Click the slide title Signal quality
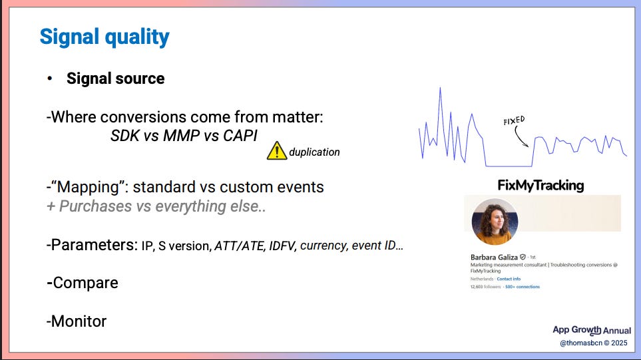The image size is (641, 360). click(x=105, y=37)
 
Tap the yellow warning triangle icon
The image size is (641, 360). click(x=277, y=151)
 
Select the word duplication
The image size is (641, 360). click(x=314, y=152)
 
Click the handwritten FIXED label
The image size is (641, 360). click(x=514, y=120)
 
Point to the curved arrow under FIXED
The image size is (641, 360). click(x=519, y=137)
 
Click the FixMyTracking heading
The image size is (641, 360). click(x=540, y=185)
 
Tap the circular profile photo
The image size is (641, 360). click(x=495, y=222)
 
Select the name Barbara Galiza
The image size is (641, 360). click(x=494, y=257)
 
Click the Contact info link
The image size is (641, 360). click(x=509, y=279)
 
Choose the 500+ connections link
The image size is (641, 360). click(x=523, y=287)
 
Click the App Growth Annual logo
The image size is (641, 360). click(x=592, y=330)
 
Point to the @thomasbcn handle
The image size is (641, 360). click(x=581, y=343)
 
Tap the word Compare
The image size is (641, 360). click(x=85, y=283)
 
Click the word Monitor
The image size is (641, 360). click(x=79, y=321)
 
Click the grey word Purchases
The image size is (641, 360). click(x=96, y=206)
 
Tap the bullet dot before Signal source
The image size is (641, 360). click(x=49, y=79)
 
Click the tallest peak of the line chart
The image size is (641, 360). click(x=440, y=88)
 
